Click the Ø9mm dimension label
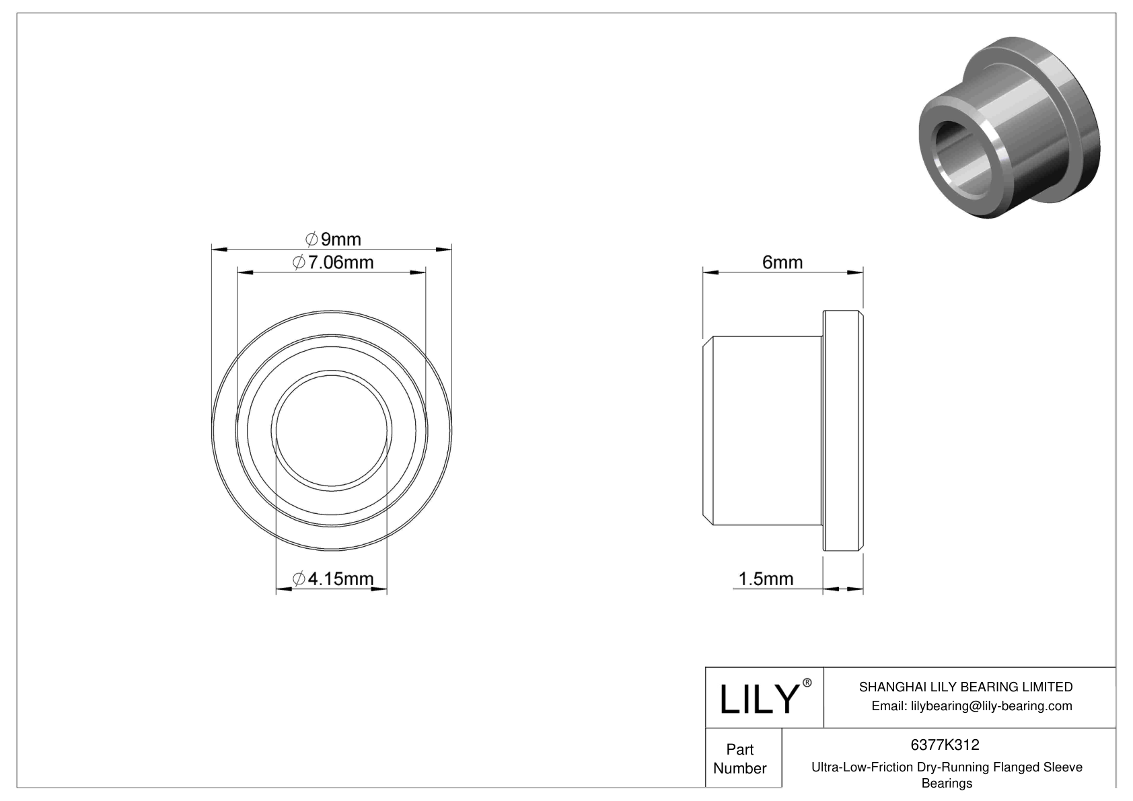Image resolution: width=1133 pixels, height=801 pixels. point(333,239)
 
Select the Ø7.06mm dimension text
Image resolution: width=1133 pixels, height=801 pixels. point(333,262)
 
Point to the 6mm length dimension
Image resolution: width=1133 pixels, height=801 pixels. point(782,262)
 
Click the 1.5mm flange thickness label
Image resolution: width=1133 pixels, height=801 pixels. point(766,578)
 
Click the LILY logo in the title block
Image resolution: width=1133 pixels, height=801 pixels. point(758,699)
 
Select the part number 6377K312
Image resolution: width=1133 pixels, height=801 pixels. point(945,745)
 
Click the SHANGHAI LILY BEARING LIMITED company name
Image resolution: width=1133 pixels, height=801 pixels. point(965,687)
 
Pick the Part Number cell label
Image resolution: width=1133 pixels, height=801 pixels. point(740,759)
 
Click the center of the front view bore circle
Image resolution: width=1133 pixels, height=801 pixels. point(332,430)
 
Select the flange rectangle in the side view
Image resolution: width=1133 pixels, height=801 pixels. point(842,430)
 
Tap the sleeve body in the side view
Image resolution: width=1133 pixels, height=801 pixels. point(764,430)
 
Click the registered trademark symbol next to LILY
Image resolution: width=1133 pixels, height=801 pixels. point(807,683)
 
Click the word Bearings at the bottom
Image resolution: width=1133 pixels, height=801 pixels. point(946,783)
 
